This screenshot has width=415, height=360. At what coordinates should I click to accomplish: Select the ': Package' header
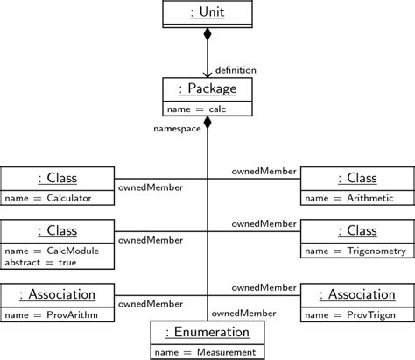point(207,89)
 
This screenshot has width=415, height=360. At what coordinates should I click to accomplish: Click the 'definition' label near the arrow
point(235,69)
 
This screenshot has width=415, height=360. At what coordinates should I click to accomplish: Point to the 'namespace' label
point(178,128)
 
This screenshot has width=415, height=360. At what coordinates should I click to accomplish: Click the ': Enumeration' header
point(207,333)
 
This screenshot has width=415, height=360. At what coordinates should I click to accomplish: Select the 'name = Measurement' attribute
point(207,352)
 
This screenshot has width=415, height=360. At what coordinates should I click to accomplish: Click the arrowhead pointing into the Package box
point(207,74)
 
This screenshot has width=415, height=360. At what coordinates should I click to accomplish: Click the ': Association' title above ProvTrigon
point(356,293)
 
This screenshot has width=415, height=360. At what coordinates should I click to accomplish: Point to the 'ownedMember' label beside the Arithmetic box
point(264,172)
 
